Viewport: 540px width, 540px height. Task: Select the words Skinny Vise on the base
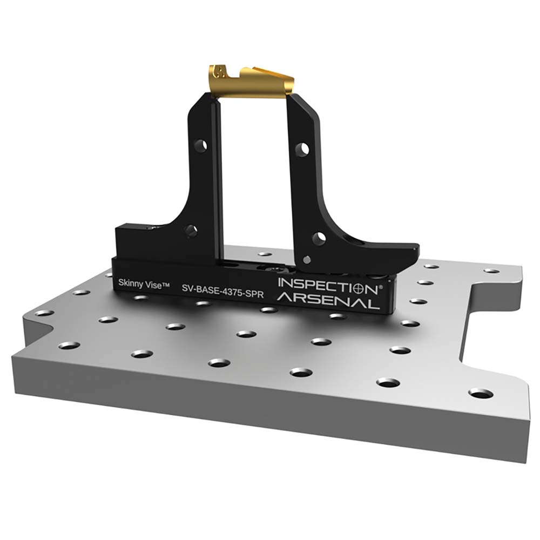click(x=138, y=282)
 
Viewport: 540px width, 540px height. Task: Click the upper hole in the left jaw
click(x=200, y=145)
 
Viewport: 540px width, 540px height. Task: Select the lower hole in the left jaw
click(x=190, y=231)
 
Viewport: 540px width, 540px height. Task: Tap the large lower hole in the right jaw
click(x=319, y=238)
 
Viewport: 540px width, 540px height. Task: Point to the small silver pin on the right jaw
click(x=306, y=260)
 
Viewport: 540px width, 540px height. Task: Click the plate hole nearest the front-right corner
click(x=481, y=393)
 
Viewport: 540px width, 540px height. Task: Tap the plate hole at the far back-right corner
click(x=491, y=270)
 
